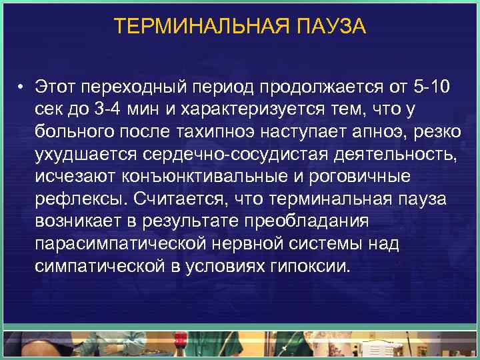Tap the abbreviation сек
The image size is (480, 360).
pyautogui.click(x=51, y=110)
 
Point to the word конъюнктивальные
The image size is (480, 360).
pyautogui.click(x=195, y=177)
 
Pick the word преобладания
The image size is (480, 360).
pyautogui.click(x=313, y=222)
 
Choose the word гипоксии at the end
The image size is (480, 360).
pyautogui.click(x=311, y=267)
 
